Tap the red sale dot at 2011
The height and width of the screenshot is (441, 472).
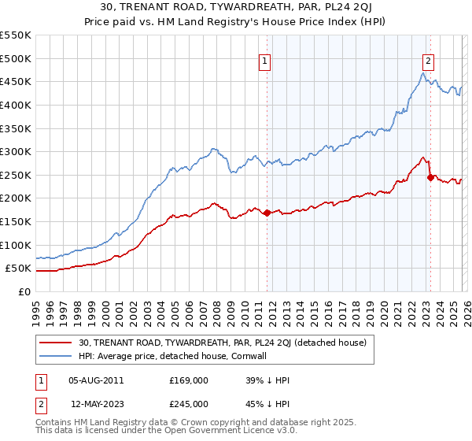[x=267, y=213]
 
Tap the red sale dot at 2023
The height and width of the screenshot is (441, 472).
[x=430, y=177]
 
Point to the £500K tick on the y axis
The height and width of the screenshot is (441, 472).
[x=15, y=58]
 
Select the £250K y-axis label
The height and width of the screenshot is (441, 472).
[x=15, y=175]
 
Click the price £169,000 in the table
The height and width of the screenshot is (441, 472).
[x=189, y=380]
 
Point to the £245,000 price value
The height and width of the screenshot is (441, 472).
[x=189, y=404]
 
